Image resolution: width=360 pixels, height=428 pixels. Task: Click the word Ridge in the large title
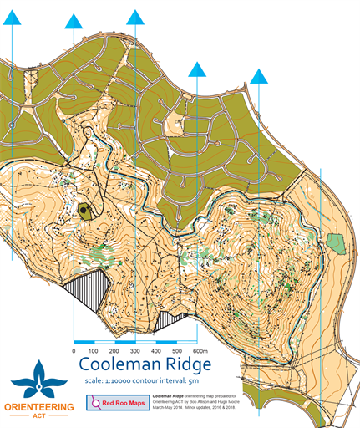[x=185, y=365]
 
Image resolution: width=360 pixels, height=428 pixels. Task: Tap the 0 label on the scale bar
[x=74, y=351]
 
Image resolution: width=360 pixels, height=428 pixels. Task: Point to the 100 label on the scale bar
[x=94, y=351]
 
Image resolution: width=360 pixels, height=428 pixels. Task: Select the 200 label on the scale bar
[x=114, y=351]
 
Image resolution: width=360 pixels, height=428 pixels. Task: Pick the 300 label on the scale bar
[x=135, y=351]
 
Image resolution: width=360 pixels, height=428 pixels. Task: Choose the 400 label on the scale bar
[x=156, y=351]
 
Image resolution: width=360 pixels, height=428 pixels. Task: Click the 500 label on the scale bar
[x=176, y=351]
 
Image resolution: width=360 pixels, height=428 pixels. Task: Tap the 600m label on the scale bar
[x=200, y=351]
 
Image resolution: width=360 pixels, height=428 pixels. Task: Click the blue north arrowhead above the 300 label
[x=135, y=18]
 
